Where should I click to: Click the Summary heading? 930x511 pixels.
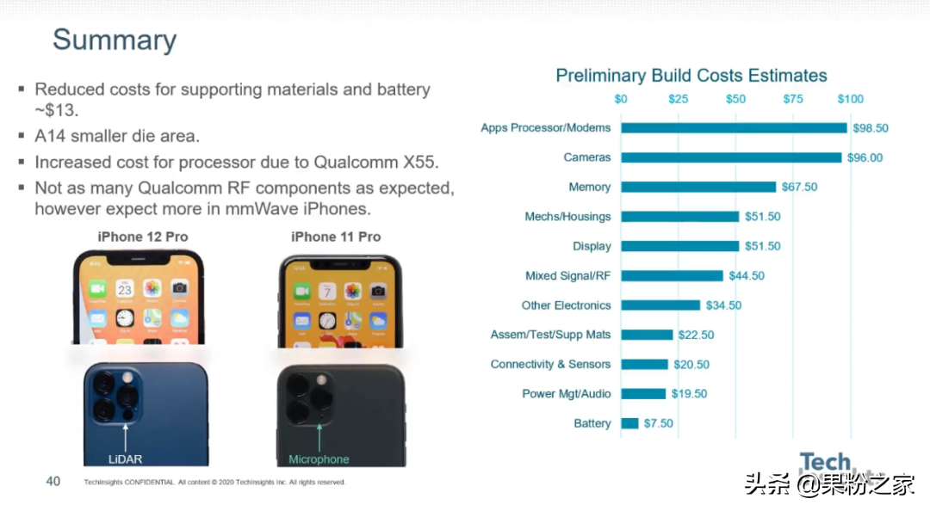[x=115, y=40]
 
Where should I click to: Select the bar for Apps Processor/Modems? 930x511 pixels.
[x=734, y=128]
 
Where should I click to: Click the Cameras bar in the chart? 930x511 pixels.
[x=731, y=157]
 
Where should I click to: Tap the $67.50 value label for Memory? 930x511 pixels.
[x=799, y=188]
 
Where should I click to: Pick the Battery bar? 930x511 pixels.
[x=629, y=423]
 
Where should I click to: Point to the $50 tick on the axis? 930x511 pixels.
[x=735, y=99]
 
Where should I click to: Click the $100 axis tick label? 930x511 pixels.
[x=850, y=99]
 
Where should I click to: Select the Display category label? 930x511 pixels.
[x=592, y=246]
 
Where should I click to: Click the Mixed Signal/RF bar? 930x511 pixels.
[x=672, y=276]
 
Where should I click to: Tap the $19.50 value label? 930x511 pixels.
[x=690, y=394]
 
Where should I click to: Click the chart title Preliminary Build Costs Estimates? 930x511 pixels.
[x=691, y=76]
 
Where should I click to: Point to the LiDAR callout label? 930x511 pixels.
[x=125, y=459]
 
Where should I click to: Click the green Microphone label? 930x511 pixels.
[x=319, y=459]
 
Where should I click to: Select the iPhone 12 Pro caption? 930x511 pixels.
[x=143, y=237]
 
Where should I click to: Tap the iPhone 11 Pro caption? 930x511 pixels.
[x=336, y=237]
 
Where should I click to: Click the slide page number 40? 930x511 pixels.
[x=53, y=481]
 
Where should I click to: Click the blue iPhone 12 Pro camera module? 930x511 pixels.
[x=115, y=394]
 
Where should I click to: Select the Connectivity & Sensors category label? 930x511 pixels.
[x=550, y=365]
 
